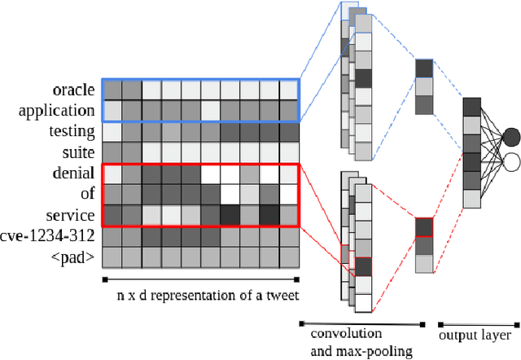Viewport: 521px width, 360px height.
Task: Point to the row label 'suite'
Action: [80, 151]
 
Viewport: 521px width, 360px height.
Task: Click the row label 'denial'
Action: [76, 173]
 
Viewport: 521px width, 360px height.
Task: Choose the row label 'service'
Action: [73, 215]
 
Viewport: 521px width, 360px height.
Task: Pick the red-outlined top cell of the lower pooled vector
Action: [424, 227]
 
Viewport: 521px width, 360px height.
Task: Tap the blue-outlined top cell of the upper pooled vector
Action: [424, 68]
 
